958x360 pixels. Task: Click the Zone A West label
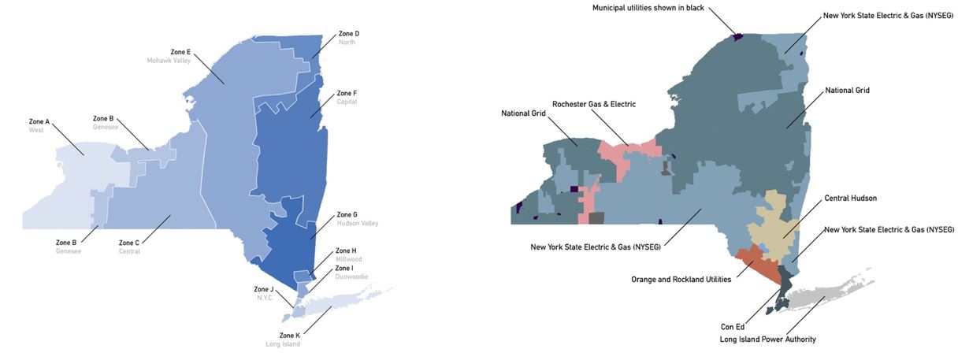[x=39, y=125]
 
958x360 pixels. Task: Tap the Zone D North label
[x=348, y=38]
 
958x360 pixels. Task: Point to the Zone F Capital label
[x=347, y=97]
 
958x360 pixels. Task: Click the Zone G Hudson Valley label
[x=357, y=218]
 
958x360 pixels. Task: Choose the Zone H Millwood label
[x=348, y=254]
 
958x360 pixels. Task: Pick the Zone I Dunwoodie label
[x=351, y=272]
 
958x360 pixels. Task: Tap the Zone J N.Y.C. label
[x=264, y=293]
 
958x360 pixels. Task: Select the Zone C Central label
[x=129, y=247]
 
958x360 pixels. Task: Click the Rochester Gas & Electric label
[x=593, y=104]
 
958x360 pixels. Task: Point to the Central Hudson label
[x=850, y=198]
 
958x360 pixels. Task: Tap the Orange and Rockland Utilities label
[x=680, y=279]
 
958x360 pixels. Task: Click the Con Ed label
[x=733, y=325]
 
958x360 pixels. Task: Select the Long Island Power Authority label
[x=767, y=340]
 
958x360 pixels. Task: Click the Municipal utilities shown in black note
[x=648, y=8]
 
